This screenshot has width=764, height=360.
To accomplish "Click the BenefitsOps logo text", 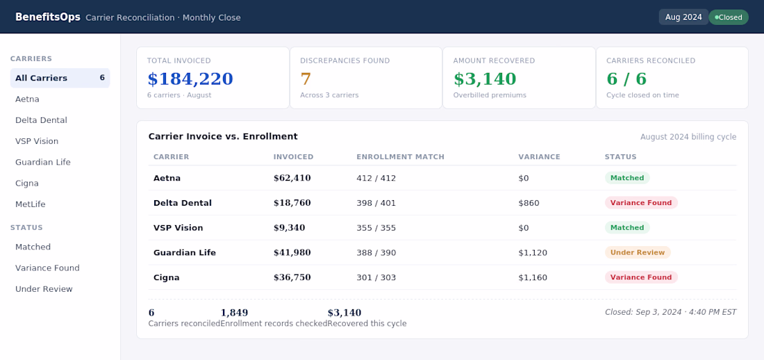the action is [x=48, y=17].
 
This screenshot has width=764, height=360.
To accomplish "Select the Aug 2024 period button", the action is [x=683, y=17].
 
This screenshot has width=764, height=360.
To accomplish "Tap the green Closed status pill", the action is [x=729, y=17].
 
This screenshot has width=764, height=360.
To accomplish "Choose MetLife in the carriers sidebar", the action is [x=30, y=204].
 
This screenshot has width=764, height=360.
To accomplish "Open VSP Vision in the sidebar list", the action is [x=37, y=142].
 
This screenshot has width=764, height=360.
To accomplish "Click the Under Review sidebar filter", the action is [x=44, y=289].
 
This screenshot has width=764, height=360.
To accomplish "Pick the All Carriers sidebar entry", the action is [x=60, y=78].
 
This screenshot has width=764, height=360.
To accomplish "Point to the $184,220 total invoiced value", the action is [x=190, y=79].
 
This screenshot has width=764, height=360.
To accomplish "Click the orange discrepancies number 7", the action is [x=306, y=79].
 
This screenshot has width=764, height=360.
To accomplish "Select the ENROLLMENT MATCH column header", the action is [x=401, y=157].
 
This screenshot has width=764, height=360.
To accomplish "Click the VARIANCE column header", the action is [x=540, y=157].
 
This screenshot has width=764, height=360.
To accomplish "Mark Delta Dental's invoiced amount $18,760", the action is [x=292, y=203].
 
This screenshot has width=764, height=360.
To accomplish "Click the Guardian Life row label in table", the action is [x=185, y=253].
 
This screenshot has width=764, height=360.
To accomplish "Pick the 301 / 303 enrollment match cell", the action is [x=376, y=277].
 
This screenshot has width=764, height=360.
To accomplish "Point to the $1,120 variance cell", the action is [x=533, y=253].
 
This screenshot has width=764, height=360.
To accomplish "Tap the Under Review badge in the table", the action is [x=638, y=253].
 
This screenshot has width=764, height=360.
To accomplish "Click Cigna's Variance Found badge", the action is [x=641, y=277].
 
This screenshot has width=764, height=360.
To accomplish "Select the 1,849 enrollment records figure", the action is [x=234, y=313].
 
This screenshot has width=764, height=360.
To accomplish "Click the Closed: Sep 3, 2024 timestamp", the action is [x=670, y=312].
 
